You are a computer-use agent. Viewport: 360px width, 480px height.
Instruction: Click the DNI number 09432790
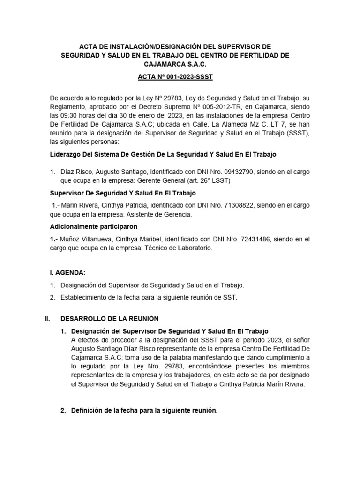(x=237, y=172)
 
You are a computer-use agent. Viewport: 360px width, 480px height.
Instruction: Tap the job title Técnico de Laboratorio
(x=180, y=248)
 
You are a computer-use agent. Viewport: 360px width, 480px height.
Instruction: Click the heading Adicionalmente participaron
(x=93, y=227)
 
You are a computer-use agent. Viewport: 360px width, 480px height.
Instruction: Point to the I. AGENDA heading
(x=68, y=272)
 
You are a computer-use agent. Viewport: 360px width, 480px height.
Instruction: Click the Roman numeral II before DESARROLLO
(x=47, y=319)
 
